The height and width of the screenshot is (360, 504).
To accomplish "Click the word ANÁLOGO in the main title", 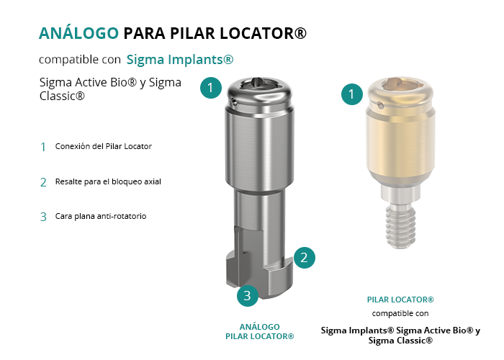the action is (78, 33).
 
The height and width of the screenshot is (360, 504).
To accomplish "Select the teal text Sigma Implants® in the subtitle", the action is (180, 60).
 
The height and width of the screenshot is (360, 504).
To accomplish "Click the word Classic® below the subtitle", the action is (62, 96).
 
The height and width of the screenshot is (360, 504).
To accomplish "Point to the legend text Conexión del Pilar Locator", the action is (104, 146).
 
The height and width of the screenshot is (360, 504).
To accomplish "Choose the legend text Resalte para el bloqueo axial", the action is (108, 181).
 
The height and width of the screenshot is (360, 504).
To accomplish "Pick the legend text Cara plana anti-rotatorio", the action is (101, 216).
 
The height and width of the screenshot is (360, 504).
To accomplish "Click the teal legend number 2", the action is (43, 183).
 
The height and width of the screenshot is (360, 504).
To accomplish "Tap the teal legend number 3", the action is (43, 217).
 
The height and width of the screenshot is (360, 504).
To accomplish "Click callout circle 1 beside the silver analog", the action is (211, 87).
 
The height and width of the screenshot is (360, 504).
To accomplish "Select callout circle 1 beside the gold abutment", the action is (352, 94).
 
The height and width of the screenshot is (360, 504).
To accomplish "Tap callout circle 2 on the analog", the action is (304, 258).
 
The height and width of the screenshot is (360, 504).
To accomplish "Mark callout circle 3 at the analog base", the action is (248, 296).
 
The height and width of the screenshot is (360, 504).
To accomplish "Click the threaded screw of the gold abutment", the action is (400, 227).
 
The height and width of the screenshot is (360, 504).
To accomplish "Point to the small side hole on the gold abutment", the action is (381, 105).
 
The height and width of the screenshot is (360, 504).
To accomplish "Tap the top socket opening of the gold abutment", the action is (400, 83).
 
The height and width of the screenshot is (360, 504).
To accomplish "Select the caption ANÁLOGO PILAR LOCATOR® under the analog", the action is (260, 332).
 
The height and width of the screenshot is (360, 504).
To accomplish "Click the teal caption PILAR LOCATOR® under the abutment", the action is (400, 300).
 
